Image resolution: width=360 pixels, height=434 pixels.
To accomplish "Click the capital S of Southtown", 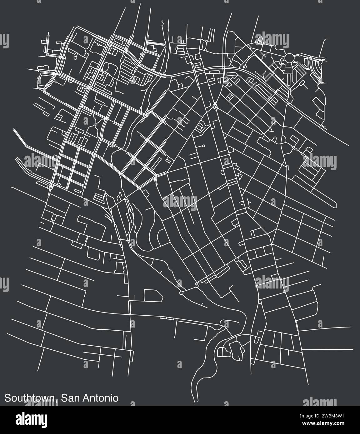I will coord(7,398).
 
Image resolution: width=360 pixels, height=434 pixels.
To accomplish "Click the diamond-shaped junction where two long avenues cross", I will coord(215,106).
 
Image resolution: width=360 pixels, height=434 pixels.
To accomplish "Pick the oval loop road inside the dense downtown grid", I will coord(105,67).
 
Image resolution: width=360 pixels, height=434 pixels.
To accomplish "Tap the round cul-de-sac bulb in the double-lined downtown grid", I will coord(75,58).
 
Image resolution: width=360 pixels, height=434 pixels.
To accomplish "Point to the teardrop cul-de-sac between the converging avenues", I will coord(203,146).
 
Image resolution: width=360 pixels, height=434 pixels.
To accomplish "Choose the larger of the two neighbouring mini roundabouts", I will coord(182,293).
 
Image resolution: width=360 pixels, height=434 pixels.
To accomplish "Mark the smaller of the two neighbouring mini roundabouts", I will coord(197,284).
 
